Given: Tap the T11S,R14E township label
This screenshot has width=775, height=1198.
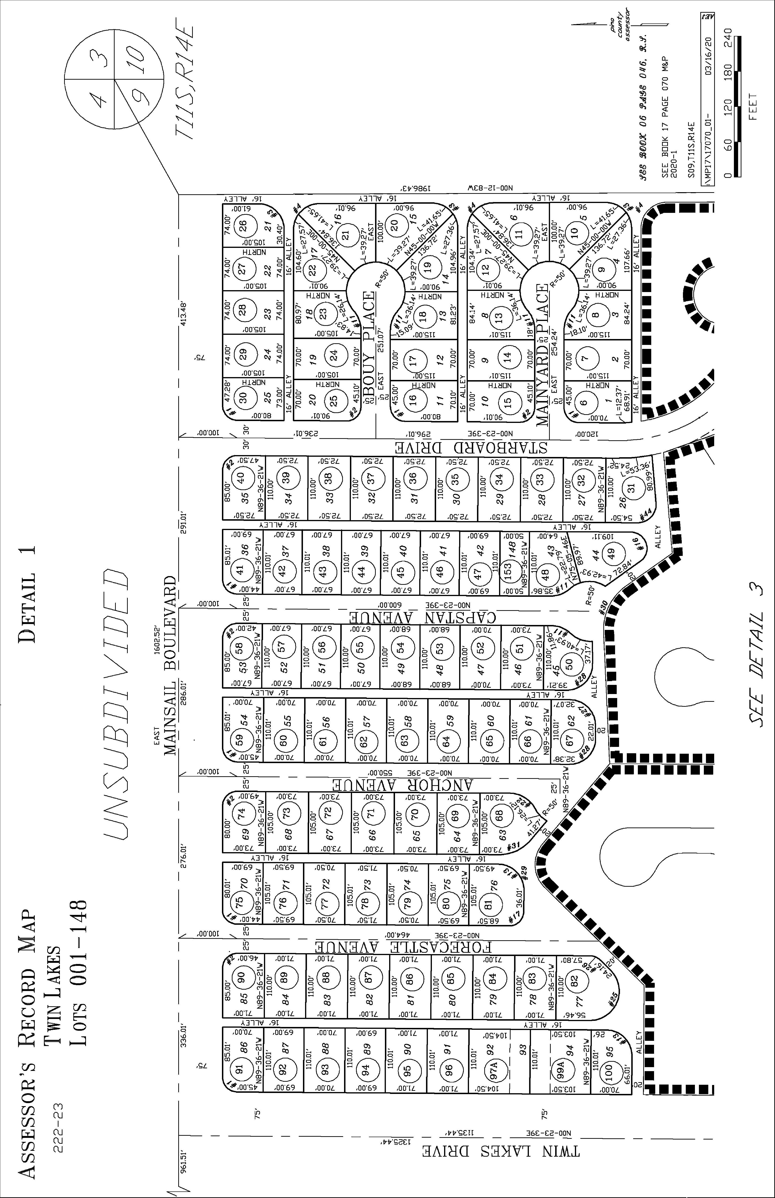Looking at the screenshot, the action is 184,81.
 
